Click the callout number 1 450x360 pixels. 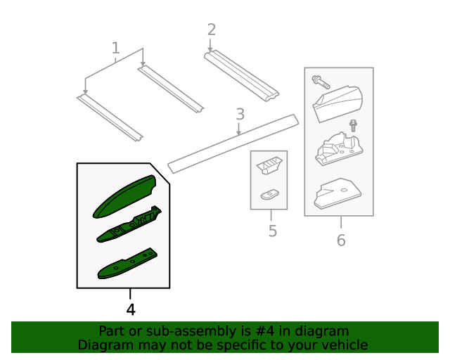pyautogui.click(x=115, y=48)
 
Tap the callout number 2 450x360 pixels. pyautogui.click(x=212, y=30)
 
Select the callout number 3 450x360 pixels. pyautogui.click(x=240, y=114)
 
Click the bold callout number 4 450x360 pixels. pyautogui.click(x=131, y=310)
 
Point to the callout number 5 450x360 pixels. pyautogui.click(x=273, y=231)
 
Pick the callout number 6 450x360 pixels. pyautogui.click(x=341, y=240)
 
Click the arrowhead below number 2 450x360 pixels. pyautogui.click(x=210, y=50)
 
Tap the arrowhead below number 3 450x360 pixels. pyautogui.click(x=238, y=133)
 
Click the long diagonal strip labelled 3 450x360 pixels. pyautogui.click(x=233, y=144)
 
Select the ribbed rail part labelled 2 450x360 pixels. pyautogui.click(x=241, y=76)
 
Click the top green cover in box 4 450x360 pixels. pyautogui.click(x=124, y=196)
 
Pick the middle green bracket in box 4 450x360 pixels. pyautogui.click(x=129, y=224)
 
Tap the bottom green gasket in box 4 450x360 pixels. pyautogui.click(x=127, y=264)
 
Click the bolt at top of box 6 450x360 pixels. pyautogui.click(x=321, y=82)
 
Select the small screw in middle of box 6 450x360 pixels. pyautogui.click(x=353, y=126)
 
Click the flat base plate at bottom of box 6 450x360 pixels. pyautogui.click(x=337, y=193)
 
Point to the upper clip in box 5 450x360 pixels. pyautogui.click(x=269, y=165)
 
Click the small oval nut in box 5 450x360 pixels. pyautogui.click(x=269, y=195)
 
